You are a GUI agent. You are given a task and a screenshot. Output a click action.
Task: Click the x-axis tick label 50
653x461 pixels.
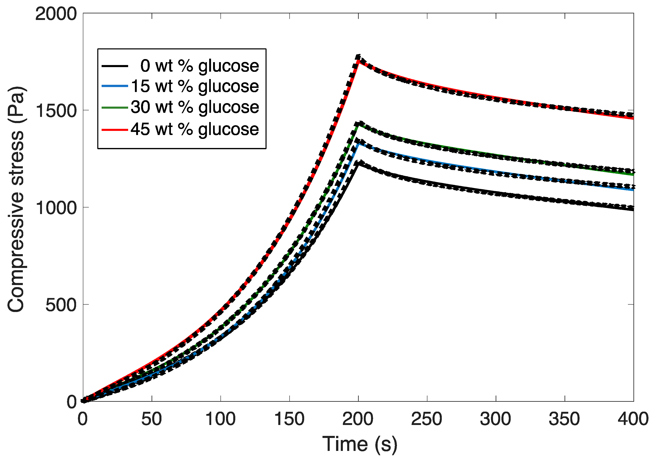[x=152, y=419]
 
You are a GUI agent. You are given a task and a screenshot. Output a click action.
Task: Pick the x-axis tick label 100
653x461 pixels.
[x=220, y=419]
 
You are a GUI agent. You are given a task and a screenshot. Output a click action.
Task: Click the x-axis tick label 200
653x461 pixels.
[x=358, y=419]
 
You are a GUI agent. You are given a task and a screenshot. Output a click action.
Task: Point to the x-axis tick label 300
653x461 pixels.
[x=495, y=419]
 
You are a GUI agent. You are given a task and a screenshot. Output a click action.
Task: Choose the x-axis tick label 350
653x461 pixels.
[x=564, y=419]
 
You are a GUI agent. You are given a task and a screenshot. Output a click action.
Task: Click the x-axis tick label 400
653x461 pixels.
[x=633, y=419]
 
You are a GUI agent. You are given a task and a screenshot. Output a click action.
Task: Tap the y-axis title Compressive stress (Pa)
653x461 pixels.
[x=16, y=199]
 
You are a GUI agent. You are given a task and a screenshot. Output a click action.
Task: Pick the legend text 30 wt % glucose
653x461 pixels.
[x=195, y=107]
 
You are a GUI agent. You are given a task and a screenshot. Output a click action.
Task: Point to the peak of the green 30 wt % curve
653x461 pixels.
[x=359, y=124]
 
